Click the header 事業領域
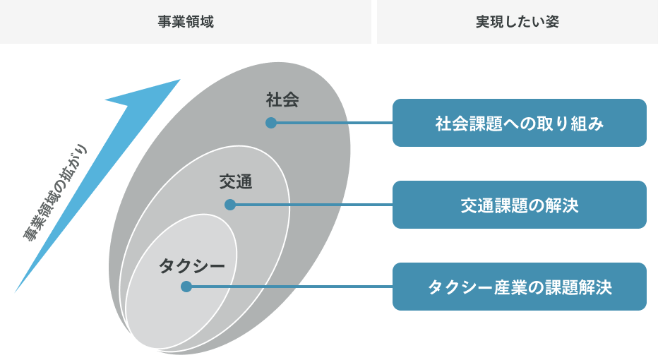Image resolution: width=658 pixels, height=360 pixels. coord(185,22)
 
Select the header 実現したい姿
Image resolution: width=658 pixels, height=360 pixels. coord(517,22)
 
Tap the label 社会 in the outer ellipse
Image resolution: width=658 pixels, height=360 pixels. coord(282,100)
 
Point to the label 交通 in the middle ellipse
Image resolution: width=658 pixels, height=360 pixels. coord(235,182)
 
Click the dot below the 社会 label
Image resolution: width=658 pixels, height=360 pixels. coord(270,123)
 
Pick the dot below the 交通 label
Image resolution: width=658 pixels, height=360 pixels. coord(229,205)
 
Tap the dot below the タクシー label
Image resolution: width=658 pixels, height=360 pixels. coord(186,287)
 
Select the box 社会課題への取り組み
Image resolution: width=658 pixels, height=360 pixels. coord(519,123)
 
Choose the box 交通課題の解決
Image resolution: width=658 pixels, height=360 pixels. coord(519,205)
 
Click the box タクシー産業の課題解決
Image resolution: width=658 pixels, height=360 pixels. coord(519,287)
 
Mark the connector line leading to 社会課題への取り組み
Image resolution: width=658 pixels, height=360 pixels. coord(332,123)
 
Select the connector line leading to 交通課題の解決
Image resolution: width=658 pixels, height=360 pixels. coord(311,205)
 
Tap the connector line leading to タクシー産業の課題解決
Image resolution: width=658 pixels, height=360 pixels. coord(289,287)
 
